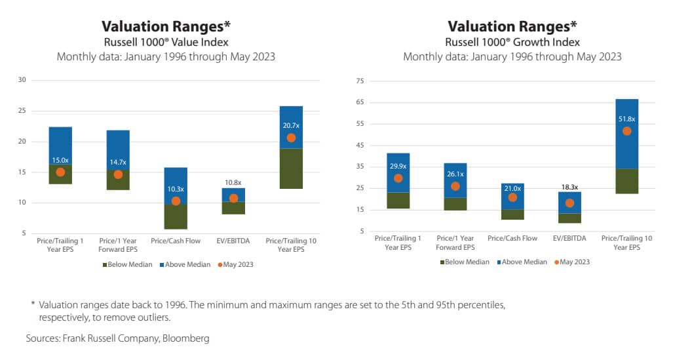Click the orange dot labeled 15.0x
pyautogui.click(x=60, y=172)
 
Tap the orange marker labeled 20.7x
pyautogui.click(x=291, y=138)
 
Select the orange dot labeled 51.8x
pyautogui.click(x=626, y=131)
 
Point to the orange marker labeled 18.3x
pyautogui.click(x=569, y=203)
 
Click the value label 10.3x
pyautogui.click(x=176, y=189)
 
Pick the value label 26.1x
pyautogui.click(x=455, y=174)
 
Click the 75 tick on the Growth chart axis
pyautogui.click(x=359, y=81)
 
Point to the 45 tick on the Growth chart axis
pyautogui.click(x=359, y=145)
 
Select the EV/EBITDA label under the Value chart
pyautogui.click(x=233, y=241)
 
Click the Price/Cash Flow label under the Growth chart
pyautogui.click(x=512, y=237)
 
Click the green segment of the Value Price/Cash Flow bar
pyautogui.click(x=176, y=216)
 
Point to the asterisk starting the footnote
pyautogui.click(x=32, y=304)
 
